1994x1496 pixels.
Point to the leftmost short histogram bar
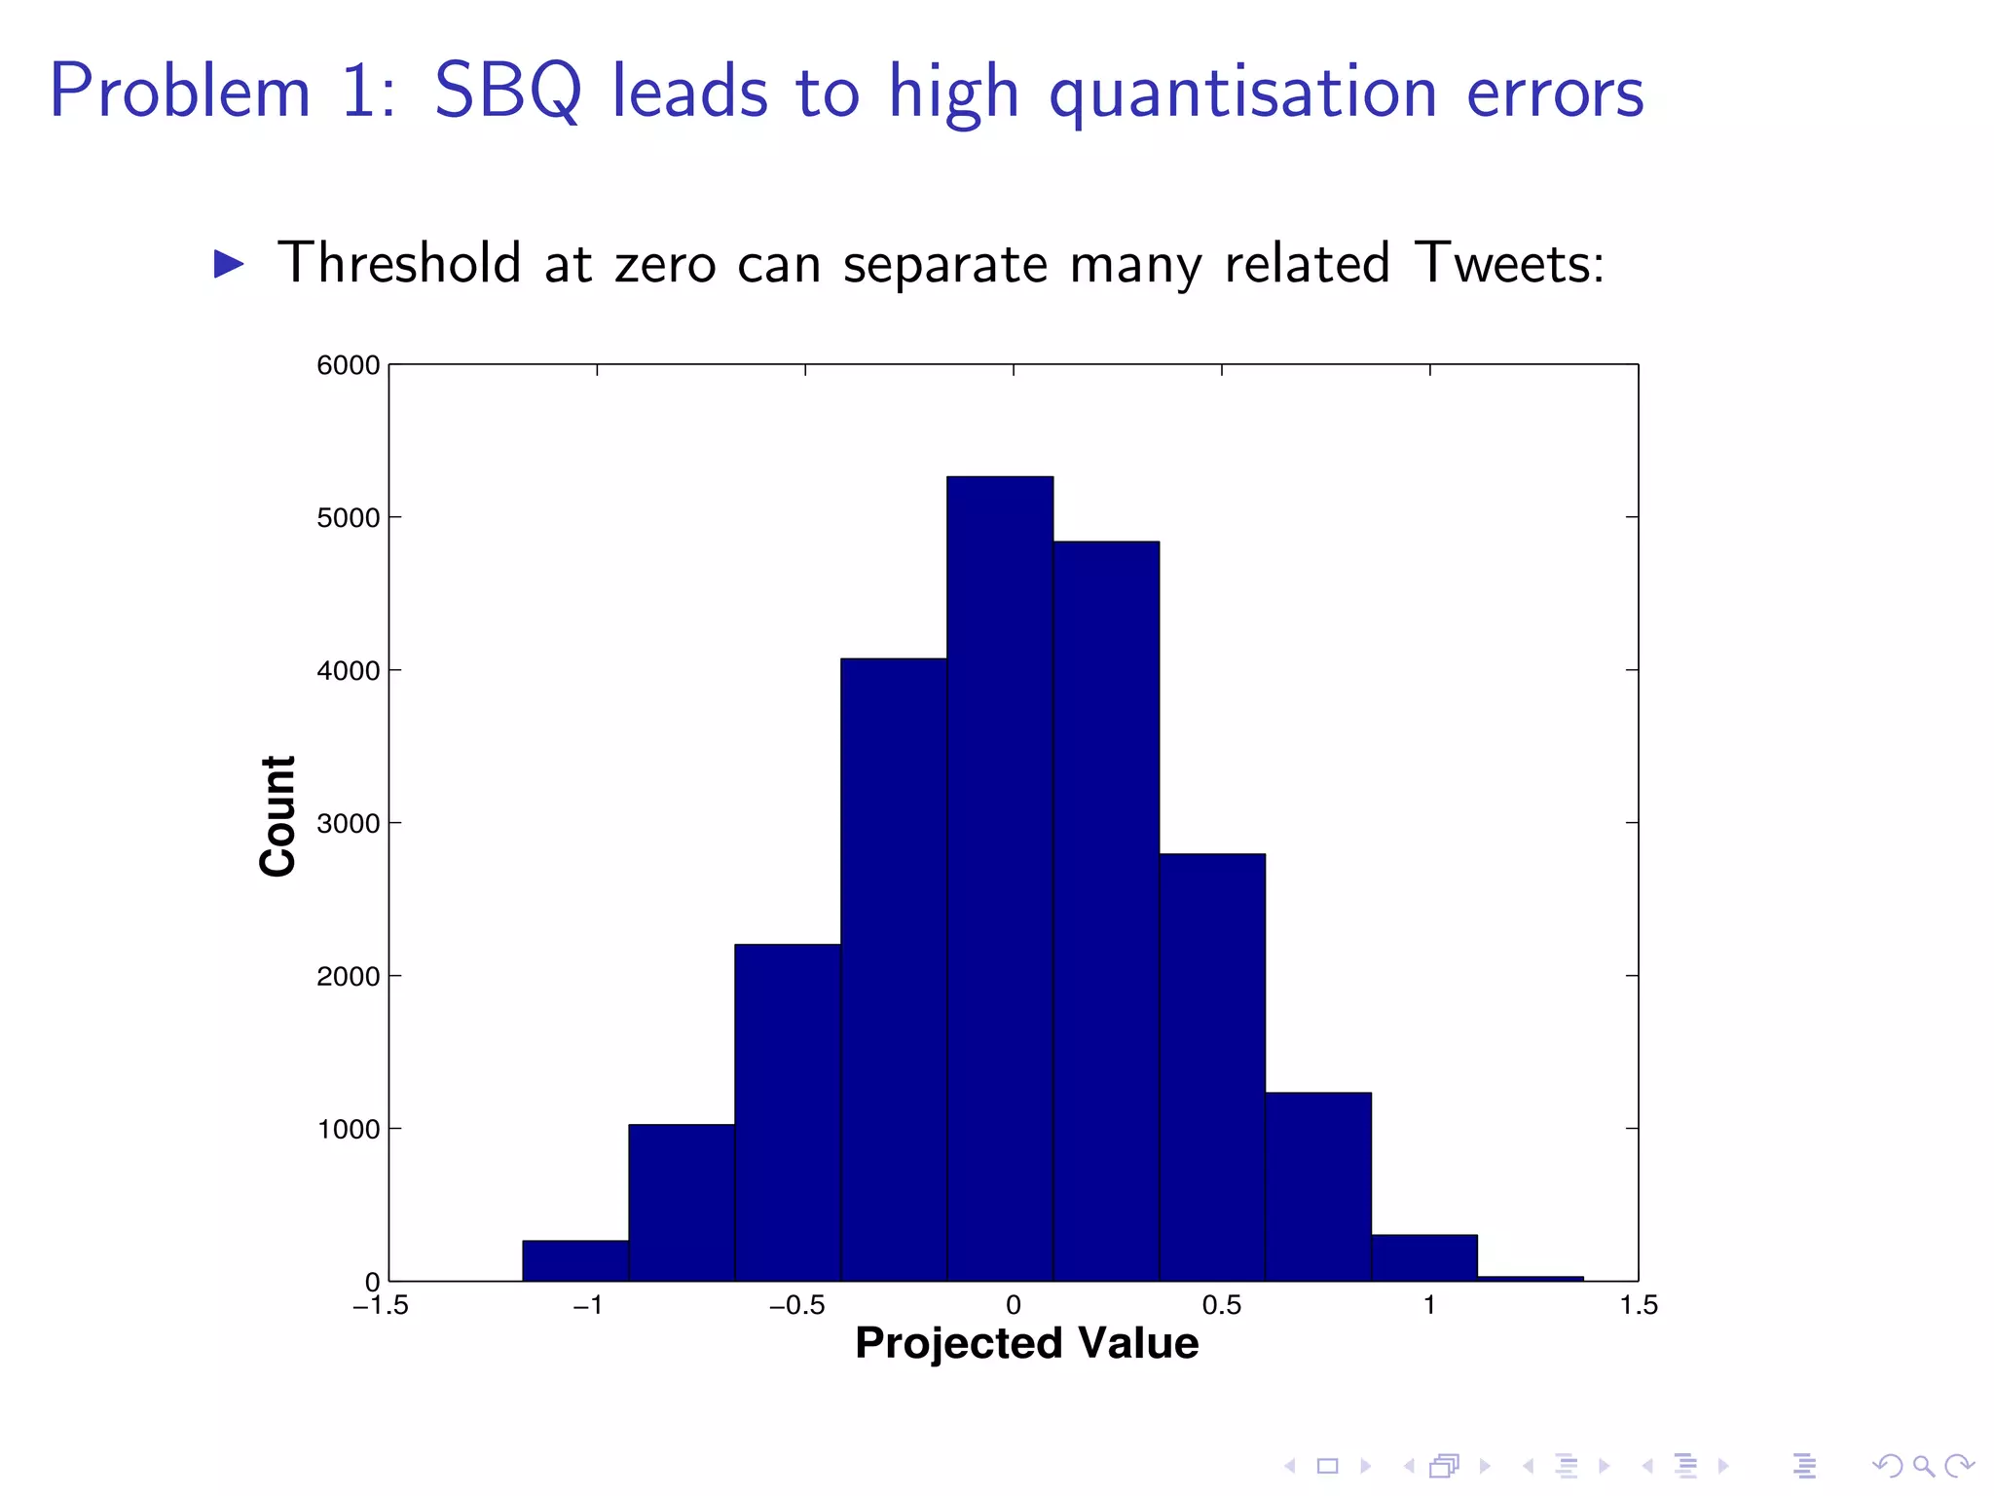click(x=575, y=1260)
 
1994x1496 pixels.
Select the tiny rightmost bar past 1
click(x=1530, y=1278)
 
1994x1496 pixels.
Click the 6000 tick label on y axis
click(x=348, y=365)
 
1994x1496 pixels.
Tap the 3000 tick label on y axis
click(x=348, y=824)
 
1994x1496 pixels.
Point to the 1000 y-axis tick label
click(x=348, y=1130)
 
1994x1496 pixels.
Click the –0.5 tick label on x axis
click(x=797, y=1306)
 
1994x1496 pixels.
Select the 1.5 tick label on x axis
click(x=1639, y=1306)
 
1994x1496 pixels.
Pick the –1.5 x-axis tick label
click(x=381, y=1306)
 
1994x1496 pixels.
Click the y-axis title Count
click(x=278, y=816)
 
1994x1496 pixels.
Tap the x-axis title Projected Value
click(x=1026, y=1343)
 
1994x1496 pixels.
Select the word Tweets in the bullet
click(x=1507, y=264)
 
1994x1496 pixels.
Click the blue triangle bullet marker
click(x=229, y=264)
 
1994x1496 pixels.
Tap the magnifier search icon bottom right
click(x=1924, y=1465)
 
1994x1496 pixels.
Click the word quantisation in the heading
click(x=1243, y=94)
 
